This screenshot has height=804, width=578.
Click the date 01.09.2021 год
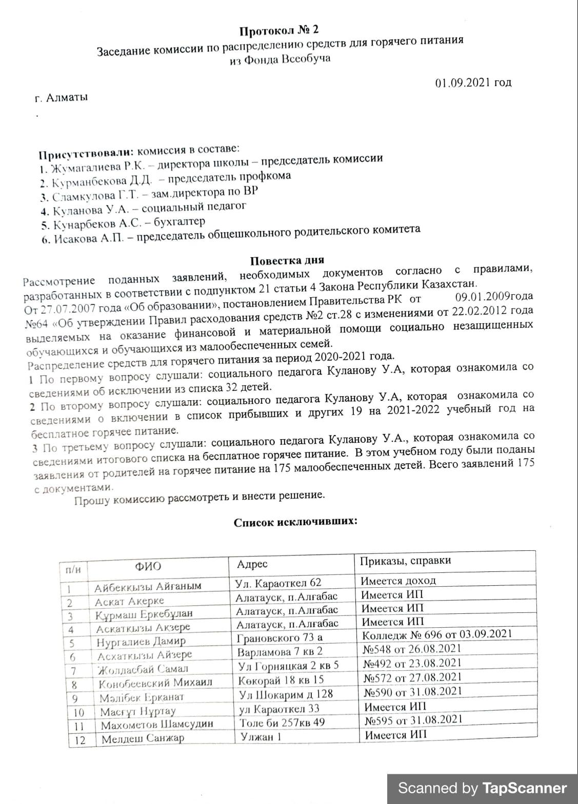click(473, 83)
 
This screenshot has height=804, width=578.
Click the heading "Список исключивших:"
click(295, 522)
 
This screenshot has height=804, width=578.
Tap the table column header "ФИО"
click(148, 566)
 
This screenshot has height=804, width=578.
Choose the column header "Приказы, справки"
click(405, 561)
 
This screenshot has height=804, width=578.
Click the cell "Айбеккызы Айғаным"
click(148, 586)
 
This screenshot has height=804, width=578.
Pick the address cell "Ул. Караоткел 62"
click(278, 583)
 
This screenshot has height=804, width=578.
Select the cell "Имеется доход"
click(398, 581)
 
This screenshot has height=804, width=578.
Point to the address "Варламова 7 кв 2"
click(280, 652)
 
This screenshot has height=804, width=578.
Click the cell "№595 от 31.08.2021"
click(413, 719)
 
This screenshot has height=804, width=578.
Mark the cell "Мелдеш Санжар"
click(143, 739)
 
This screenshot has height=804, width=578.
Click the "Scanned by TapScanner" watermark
click(482, 788)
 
